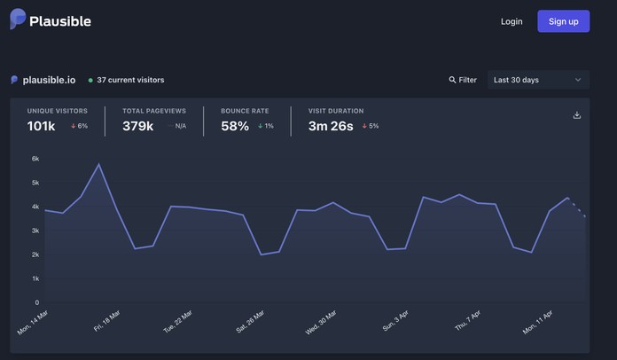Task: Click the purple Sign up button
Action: point(563,21)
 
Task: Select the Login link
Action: point(512,21)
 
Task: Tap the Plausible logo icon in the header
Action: point(17,20)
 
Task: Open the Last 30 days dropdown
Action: point(538,80)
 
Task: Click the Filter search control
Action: point(463,80)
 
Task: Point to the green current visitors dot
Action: point(90,80)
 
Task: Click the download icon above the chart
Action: point(577,115)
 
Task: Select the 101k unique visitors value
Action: point(42,126)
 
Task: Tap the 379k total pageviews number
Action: point(137,126)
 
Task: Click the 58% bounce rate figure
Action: point(235,126)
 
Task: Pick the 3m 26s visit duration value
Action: point(331,126)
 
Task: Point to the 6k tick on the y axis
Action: point(35,159)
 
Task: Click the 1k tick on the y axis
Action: point(35,278)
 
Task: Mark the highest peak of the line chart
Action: point(99,164)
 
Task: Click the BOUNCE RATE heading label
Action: point(245,111)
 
